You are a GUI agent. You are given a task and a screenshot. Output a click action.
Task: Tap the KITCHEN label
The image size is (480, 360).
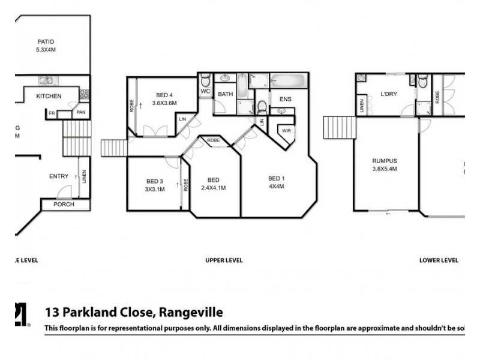tap(49, 96)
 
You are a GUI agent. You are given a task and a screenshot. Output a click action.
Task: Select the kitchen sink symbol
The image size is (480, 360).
tap(46, 81)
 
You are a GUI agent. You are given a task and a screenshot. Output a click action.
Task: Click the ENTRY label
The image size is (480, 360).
tap(59, 176)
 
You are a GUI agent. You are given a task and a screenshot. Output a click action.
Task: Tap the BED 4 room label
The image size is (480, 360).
tap(164, 95)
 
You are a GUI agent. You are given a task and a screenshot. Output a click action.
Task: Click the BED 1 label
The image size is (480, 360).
tap(276, 178)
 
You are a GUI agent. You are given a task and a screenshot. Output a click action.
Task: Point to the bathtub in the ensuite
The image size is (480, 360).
tap(290, 81)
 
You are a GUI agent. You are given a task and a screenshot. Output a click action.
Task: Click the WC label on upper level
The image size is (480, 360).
tap(205, 92)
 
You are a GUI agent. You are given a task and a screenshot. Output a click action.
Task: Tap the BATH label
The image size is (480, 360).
tap(225, 94)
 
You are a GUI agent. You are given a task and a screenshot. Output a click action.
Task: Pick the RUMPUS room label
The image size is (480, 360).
tap(385, 161)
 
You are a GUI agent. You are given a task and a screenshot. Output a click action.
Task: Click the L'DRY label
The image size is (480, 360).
tap(389, 94)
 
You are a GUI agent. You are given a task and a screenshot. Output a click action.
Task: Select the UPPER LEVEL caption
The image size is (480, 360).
tap(224, 260)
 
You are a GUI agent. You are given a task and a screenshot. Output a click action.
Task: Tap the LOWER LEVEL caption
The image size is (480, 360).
tap(439, 260)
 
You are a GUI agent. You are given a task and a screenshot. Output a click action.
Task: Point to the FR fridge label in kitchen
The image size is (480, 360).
tap(52, 113)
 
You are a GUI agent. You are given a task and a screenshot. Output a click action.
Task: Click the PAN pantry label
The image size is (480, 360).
tap(80, 112)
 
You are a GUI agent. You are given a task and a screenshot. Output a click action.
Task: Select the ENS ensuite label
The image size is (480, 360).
tap(286, 99)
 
